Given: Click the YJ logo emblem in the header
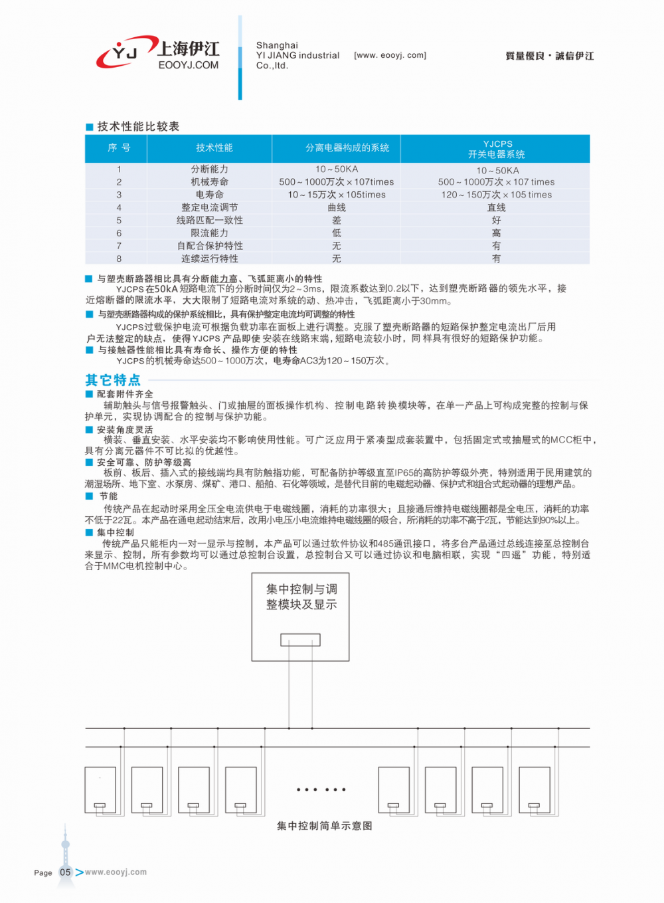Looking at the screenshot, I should pyautogui.click(x=124, y=52).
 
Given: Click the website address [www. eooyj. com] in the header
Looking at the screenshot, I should pyautogui.click(x=390, y=55).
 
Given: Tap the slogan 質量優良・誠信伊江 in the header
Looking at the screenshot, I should pyautogui.click(x=549, y=56).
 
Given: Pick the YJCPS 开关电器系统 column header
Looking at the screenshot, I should pyautogui.click(x=497, y=149).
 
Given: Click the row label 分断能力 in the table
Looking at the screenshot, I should pyautogui.click(x=209, y=169).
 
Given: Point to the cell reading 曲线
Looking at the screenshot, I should pyautogui.click(x=337, y=207).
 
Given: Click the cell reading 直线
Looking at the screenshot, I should pyautogui.click(x=496, y=207).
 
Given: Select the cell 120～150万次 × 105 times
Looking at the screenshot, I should pyautogui.click(x=496, y=195).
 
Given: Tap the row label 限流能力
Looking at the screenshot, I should pyautogui.click(x=209, y=233).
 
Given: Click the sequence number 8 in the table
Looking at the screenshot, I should pyautogui.click(x=119, y=258).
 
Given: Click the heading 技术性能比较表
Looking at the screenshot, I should pyautogui.click(x=138, y=126).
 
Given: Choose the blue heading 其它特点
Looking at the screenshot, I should pyautogui.click(x=113, y=380).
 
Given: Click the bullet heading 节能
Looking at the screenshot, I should pyautogui.click(x=108, y=496).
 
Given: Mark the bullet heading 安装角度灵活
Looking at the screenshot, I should pyautogui.click(x=125, y=430).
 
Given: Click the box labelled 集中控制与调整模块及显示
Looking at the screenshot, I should pyautogui.click(x=301, y=617).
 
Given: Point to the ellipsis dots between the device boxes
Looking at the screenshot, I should pyautogui.click(x=321, y=789).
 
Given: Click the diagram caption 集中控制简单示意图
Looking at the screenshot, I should pyautogui.click(x=324, y=826).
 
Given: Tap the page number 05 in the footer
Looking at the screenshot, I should pyautogui.click(x=65, y=872).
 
